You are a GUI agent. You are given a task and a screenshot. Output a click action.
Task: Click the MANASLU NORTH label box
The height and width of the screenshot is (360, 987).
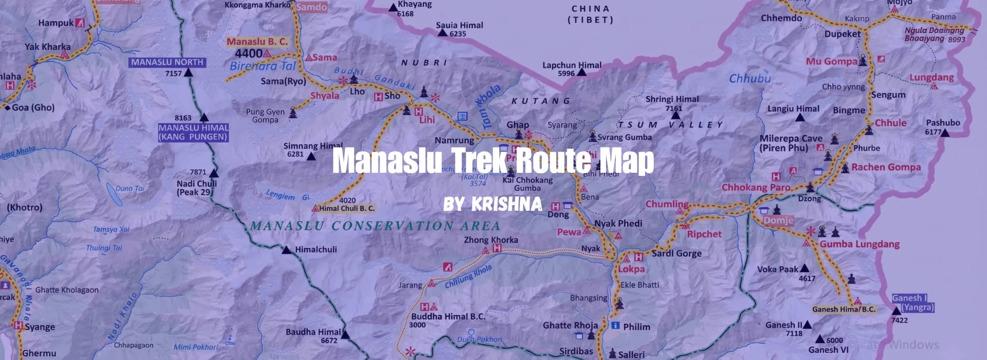167,62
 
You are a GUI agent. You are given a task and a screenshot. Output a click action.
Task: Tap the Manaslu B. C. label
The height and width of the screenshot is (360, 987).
257,42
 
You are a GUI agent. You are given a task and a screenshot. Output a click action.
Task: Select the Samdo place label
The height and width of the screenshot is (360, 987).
312,7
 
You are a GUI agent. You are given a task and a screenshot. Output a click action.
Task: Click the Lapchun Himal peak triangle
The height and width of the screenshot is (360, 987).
581,73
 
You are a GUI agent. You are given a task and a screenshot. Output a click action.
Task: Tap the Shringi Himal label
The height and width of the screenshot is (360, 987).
672,99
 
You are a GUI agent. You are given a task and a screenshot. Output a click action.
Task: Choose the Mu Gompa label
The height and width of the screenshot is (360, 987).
831,61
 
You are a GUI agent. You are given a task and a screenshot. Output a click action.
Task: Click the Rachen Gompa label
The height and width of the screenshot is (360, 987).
886,167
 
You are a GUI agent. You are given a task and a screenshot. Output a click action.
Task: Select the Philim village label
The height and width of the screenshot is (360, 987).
636,327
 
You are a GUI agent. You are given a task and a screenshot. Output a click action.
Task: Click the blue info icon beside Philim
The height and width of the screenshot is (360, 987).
615,326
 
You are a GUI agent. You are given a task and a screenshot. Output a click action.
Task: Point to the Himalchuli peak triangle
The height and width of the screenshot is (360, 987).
286,250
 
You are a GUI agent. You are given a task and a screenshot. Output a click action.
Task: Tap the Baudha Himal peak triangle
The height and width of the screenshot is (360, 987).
345,335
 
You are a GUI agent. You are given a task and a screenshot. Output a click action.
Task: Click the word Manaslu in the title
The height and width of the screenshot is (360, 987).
387,160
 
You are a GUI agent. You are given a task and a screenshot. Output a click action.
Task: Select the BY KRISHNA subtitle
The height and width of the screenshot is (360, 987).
492,204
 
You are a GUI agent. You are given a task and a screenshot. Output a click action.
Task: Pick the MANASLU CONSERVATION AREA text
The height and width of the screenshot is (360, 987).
375,226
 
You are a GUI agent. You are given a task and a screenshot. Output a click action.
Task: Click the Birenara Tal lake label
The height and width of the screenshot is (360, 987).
263,66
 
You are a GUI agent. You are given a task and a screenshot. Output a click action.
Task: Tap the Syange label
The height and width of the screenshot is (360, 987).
40,327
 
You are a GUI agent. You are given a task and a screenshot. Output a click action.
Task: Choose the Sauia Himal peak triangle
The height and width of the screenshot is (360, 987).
442,33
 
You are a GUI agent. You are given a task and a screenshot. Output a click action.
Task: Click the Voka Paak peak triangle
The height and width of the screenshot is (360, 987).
805,268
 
